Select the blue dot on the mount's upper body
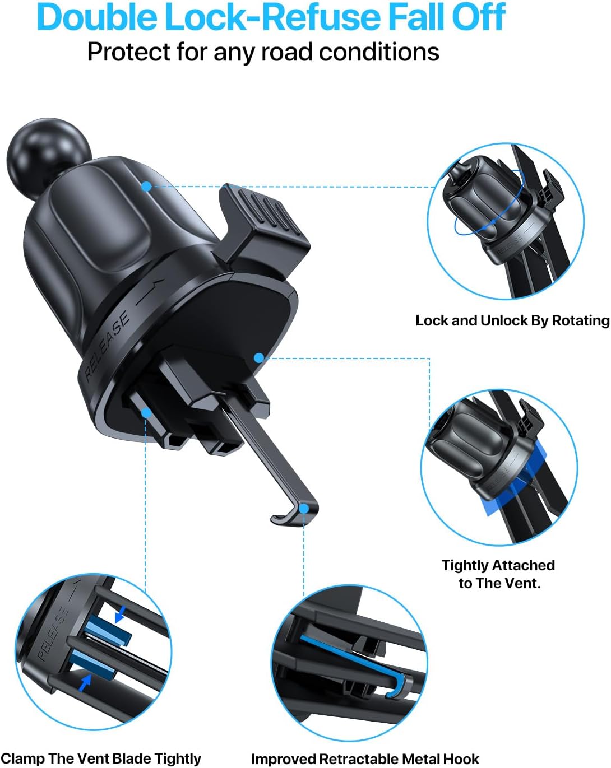pyautogui.click(x=146, y=186)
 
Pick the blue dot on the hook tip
pyautogui.click(x=304, y=508)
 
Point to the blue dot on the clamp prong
pyautogui.click(x=146, y=413)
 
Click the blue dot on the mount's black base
pyautogui.click(x=260, y=357)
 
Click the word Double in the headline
pyautogui.click(x=97, y=17)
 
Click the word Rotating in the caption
pyautogui.click(x=581, y=320)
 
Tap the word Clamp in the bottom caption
pyautogui.click(x=22, y=758)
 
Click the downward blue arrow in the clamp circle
pyautogui.click(x=120, y=613)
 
